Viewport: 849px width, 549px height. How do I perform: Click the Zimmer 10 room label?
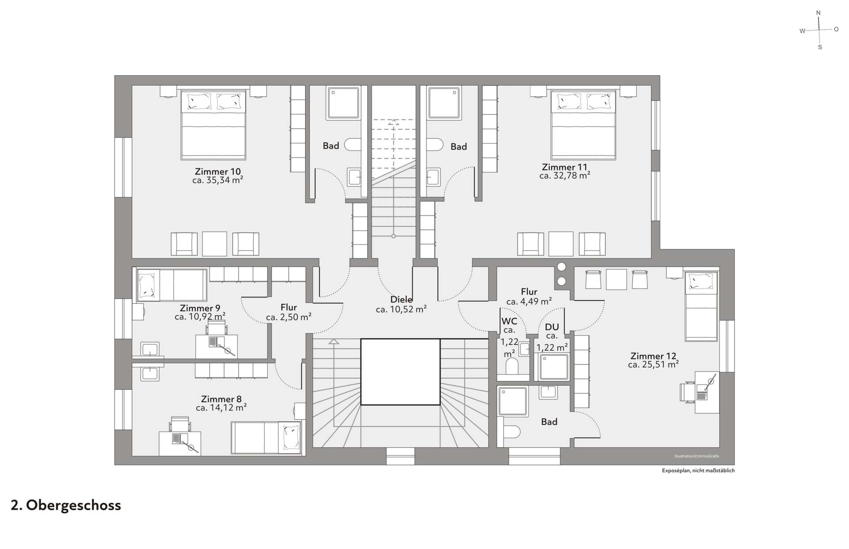(218, 172)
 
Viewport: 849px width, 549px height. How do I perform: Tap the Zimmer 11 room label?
(565, 167)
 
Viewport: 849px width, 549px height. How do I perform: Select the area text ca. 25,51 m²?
(653, 365)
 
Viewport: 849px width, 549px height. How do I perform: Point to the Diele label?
(401, 300)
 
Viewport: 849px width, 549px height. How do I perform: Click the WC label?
(509, 321)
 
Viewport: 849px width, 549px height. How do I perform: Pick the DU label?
(552, 327)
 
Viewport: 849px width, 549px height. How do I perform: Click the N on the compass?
(818, 13)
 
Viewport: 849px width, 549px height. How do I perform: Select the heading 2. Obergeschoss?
(66, 505)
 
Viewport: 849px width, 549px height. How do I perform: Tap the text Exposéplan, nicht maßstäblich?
(698, 471)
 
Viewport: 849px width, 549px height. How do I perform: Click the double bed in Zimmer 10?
(213, 125)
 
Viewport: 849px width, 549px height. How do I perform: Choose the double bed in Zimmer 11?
(583, 125)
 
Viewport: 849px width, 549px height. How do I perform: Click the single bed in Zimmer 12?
(701, 306)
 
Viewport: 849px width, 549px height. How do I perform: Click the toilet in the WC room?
(512, 366)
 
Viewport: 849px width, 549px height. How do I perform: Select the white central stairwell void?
(400, 372)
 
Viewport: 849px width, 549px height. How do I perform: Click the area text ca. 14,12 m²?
(221, 408)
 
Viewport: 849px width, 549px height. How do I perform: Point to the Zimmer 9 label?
(200, 308)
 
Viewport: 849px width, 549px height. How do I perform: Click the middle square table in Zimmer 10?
(214, 244)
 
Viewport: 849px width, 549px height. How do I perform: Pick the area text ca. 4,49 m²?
(529, 301)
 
